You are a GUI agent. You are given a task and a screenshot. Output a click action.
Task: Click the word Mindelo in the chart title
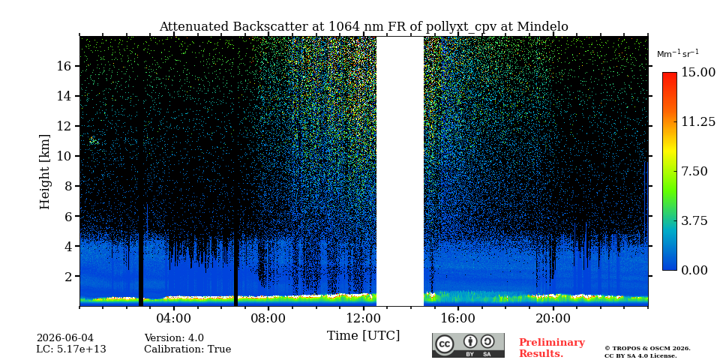543,27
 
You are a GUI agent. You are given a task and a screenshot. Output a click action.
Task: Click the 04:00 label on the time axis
174,318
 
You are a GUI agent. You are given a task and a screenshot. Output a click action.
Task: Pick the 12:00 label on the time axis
363,318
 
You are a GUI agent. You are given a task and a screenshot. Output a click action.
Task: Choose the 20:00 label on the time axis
553,318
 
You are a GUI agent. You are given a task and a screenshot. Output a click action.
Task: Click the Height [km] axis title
44,172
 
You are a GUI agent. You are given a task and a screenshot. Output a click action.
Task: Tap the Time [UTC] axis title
363,336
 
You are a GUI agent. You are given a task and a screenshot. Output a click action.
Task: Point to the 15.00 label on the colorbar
698,73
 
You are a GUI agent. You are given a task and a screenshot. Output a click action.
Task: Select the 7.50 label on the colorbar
695,171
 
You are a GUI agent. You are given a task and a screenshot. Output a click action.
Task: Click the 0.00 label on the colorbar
695,271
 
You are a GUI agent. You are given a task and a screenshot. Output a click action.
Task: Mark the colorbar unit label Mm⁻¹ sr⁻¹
678,54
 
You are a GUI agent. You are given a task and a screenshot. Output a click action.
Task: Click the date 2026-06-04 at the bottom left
64,338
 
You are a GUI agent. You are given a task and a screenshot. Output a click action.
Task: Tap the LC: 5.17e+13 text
71,349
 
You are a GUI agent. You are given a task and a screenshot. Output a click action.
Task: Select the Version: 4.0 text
174,338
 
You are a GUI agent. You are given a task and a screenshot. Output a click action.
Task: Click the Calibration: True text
187,349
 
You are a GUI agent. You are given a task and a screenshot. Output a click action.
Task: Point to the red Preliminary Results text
552,348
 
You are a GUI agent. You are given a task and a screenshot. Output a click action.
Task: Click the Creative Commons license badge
468,345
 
